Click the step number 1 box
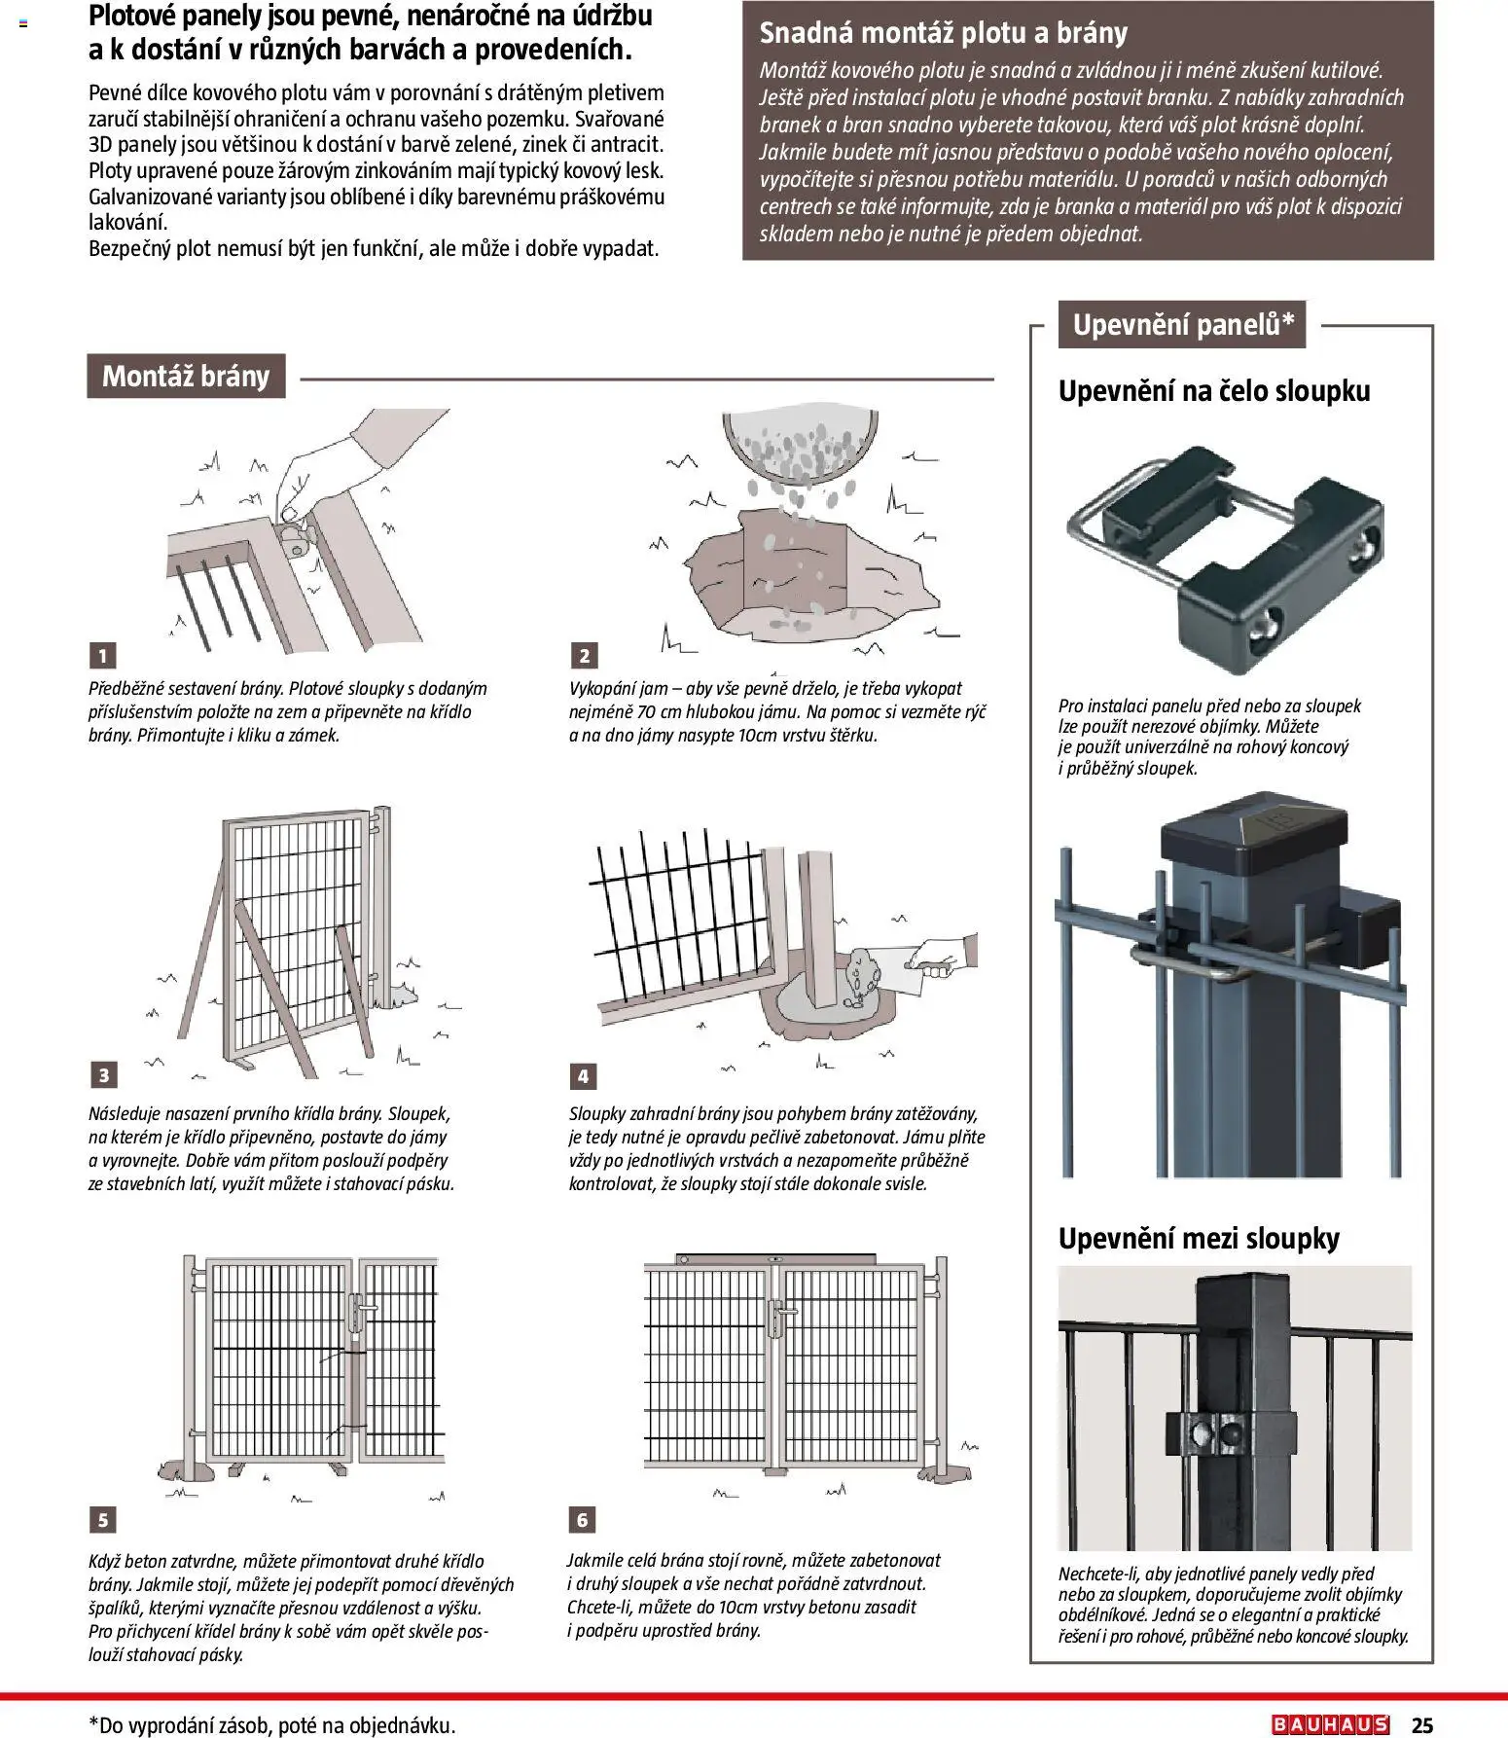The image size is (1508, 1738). click(x=102, y=655)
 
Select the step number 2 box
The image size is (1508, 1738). click(x=584, y=655)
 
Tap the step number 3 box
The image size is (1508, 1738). click(x=103, y=1074)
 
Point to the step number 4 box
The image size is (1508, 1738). click(x=583, y=1075)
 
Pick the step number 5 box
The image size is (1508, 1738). click(x=103, y=1519)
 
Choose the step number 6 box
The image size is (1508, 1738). click(x=582, y=1519)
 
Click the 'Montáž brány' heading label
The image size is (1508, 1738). click(x=186, y=376)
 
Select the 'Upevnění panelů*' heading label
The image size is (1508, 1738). click(x=1182, y=324)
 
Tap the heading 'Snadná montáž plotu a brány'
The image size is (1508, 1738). click(x=943, y=33)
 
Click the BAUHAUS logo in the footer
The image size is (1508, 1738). click(x=1330, y=1724)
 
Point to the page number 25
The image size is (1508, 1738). click(x=1421, y=1724)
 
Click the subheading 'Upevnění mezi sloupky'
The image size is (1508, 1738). click(x=1199, y=1238)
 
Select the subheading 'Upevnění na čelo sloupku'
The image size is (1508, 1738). click(x=1213, y=390)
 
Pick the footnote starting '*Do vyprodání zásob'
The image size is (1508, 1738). click(x=271, y=1724)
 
